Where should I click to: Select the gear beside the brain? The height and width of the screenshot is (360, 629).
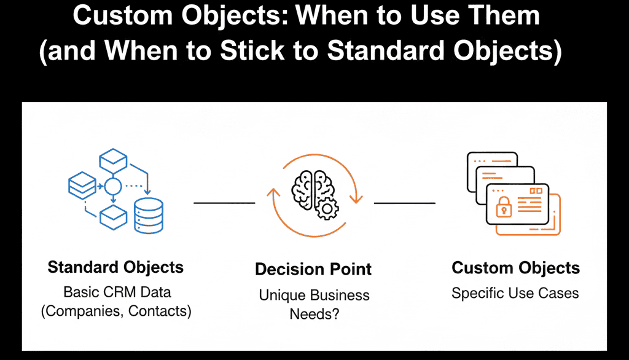pyautogui.click(x=326, y=209)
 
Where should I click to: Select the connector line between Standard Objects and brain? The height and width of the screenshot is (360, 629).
pyautogui.click(x=224, y=202)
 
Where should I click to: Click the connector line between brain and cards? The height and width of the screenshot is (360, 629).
pyautogui.click(x=404, y=202)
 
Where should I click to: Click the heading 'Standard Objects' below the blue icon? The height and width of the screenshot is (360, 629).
pyautogui.click(x=115, y=267)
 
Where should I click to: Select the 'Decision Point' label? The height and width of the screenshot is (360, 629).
pyautogui.click(x=313, y=269)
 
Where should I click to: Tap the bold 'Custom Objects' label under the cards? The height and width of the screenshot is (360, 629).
pyautogui.click(x=515, y=268)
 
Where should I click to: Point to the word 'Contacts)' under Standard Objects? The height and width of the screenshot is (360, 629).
pyautogui.click(x=161, y=311)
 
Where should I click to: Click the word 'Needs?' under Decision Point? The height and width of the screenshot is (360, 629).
pyautogui.click(x=314, y=314)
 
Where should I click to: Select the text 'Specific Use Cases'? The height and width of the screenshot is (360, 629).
pyautogui.click(x=515, y=293)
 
